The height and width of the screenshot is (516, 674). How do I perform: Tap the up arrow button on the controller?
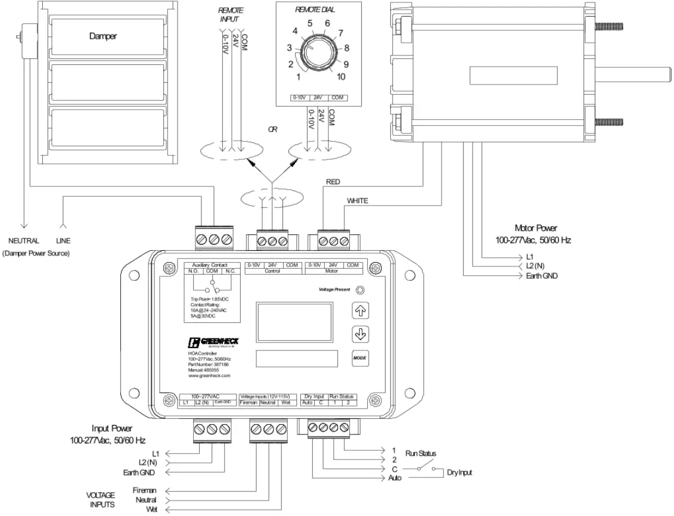click(359, 310)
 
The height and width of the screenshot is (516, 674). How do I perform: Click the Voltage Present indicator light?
click(360, 290)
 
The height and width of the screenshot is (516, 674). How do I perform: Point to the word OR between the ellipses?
click(272, 129)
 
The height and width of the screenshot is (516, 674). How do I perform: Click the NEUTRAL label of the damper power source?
click(23, 241)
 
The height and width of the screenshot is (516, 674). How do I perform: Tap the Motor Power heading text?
click(536, 228)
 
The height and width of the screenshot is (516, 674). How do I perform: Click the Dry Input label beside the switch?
click(459, 473)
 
